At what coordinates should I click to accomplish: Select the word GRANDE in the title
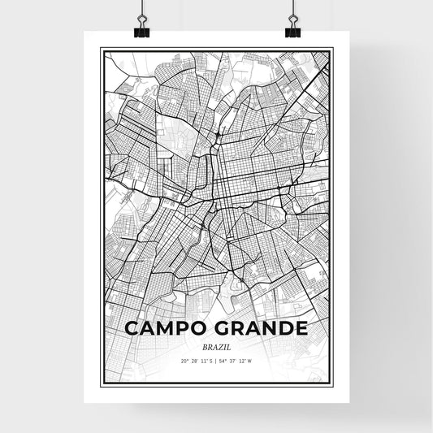(262, 328)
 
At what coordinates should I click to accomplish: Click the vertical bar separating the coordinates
(216, 362)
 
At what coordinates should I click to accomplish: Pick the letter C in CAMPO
(132, 328)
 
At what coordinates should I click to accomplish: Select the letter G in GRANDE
(224, 328)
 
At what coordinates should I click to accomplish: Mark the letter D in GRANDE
(284, 328)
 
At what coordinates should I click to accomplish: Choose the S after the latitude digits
(210, 362)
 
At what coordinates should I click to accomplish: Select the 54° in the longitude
(225, 362)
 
